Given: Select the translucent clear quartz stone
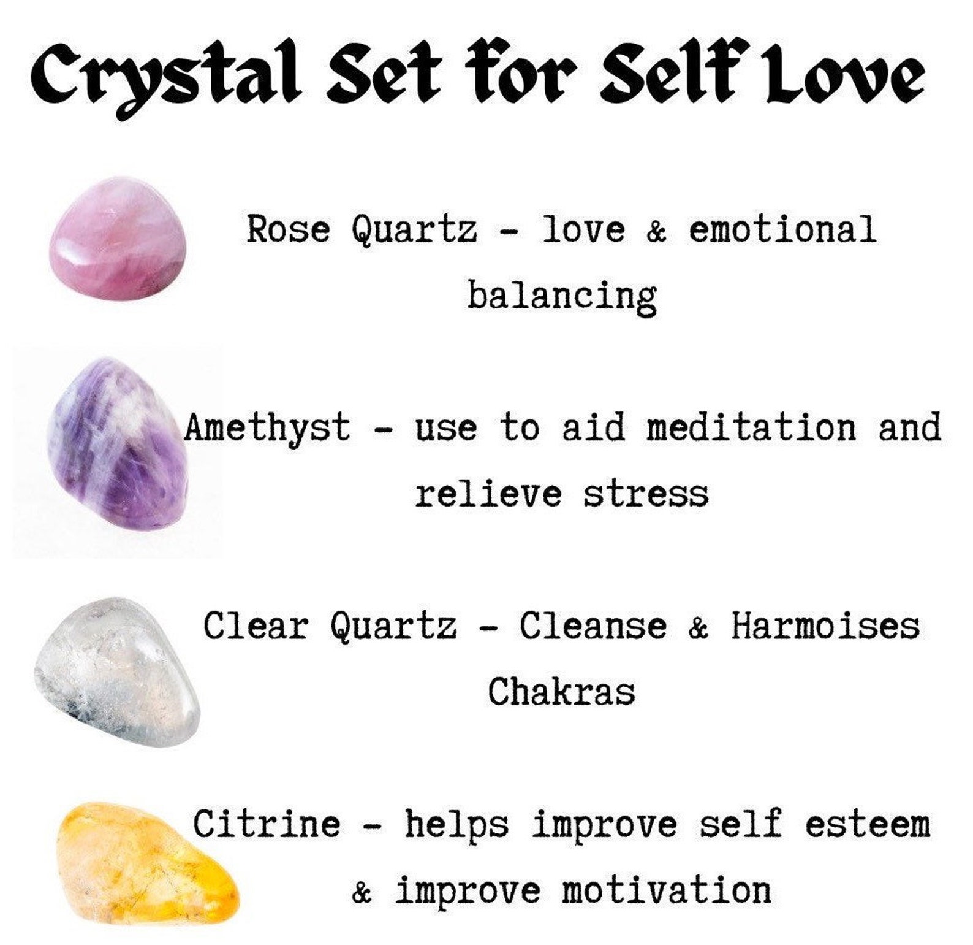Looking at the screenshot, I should point(116,671).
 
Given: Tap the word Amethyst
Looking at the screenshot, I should point(267,427).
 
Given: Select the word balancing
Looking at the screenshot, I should point(562,296).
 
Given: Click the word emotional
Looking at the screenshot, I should point(782,229).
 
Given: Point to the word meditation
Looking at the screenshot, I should point(751,427).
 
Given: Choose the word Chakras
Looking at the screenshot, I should point(562,692).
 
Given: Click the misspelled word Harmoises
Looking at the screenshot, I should point(825,626).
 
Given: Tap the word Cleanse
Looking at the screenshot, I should point(593,626).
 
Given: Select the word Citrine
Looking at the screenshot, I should point(267,824).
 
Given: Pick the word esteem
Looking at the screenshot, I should point(868,824).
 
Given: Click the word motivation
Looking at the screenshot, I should point(667,890).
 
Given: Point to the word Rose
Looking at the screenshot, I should point(288,229).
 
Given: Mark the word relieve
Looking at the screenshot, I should point(488,494).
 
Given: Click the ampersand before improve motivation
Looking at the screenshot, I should point(362,893).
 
